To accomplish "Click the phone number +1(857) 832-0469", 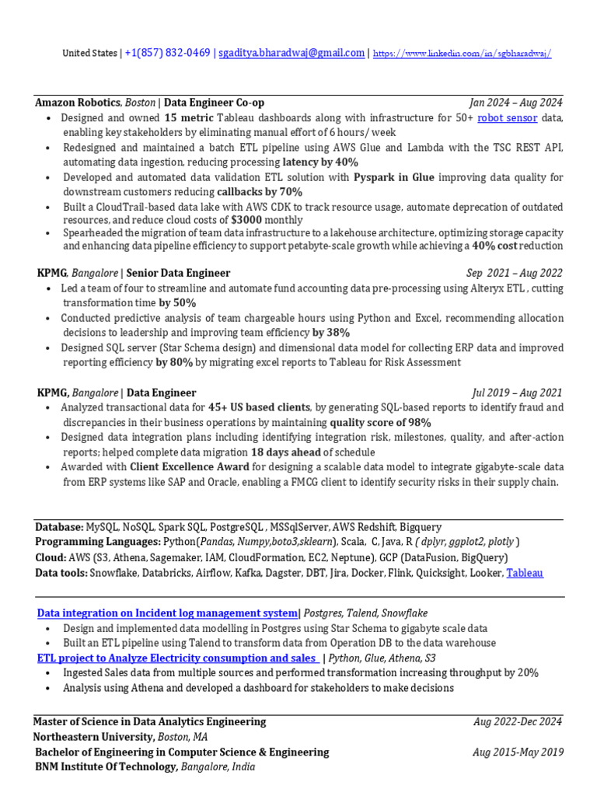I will [x=167, y=53].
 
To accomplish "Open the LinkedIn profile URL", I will [x=463, y=54].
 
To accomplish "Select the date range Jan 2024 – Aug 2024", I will [x=516, y=103].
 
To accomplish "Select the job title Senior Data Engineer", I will [x=178, y=273].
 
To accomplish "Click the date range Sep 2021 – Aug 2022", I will [x=515, y=273].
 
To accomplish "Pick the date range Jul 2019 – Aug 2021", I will [x=517, y=393].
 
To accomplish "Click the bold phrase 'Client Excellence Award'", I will [x=190, y=466].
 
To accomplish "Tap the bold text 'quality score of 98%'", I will [x=380, y=422].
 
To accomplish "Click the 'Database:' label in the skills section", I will [x=59, y=526].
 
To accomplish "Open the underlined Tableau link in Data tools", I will [x=525, y=573].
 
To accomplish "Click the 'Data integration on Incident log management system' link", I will [x=168, y=613].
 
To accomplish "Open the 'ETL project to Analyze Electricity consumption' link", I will [x=177, y=658].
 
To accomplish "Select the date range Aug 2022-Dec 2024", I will [x=518, y=721].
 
